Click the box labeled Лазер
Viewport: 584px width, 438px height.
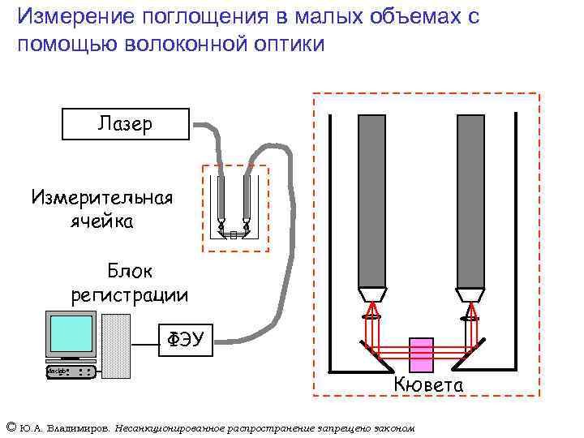click(x=125, y=123)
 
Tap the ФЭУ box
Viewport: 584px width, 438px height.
click(x=184, y=337)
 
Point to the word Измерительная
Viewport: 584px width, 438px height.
click(x=101, y=198)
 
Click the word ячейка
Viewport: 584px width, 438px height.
click(x=101, y=221)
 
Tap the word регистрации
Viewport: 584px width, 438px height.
click(x=130, y=295)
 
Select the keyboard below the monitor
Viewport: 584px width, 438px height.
click(x=71, y=371)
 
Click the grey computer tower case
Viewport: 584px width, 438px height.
click(x=116, y=346)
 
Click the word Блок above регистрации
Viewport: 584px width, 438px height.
click(x=130, y=271)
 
